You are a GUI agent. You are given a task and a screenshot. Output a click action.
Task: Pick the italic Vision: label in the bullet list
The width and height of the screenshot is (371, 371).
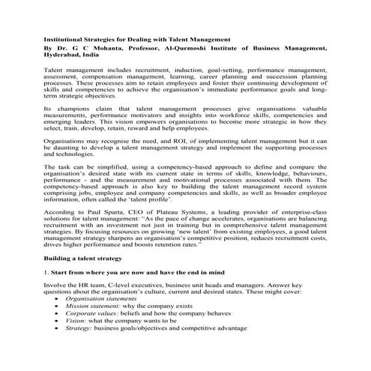click(x=76, y=339)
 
